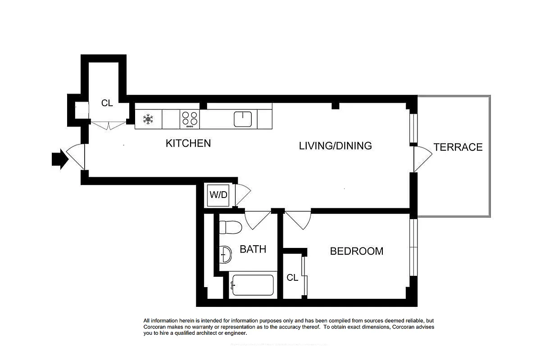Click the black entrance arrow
[59, 160]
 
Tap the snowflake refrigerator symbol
[148, 119]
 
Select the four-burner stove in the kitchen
[190, 119]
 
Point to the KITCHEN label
[188, 144]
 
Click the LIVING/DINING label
[336, 146]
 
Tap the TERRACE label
[458, 147]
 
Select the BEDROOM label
[357, 251]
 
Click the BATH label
[253, 249]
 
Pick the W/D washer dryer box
[218, 196]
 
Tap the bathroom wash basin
[225, 255]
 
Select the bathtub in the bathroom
[252, 285]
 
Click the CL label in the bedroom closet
[292, 278]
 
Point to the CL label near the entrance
[107, 103]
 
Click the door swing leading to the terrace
[422, 159]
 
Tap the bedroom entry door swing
[298, 219]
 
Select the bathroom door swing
[257, 220]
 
